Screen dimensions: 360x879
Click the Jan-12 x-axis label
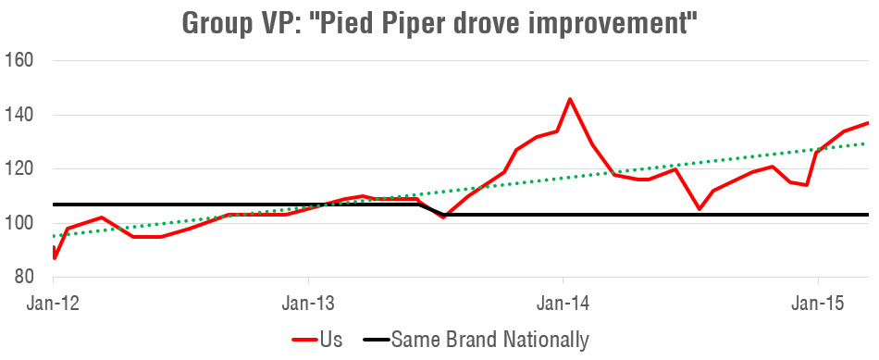(x=54, y=303)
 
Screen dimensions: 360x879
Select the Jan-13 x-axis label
(x=308, y=303)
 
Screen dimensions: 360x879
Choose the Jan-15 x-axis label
(x=817, y=303)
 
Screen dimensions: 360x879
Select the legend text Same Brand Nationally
(x=489, y=340)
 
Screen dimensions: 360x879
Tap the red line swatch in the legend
(x=304, y=340)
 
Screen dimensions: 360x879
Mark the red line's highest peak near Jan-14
(x=569, y=99)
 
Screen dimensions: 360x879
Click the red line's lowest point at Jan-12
(x=55, y=258)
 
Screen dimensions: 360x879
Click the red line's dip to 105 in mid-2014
(x=699, y=209)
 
